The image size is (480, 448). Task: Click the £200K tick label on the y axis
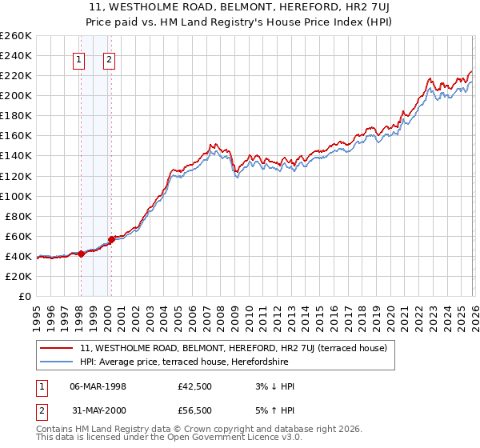point(16,95)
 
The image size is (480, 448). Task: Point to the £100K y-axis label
point(16,196)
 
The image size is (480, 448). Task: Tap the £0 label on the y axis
point(24,296)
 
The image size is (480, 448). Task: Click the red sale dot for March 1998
point(81,254)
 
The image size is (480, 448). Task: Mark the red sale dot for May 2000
point(112,239)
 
